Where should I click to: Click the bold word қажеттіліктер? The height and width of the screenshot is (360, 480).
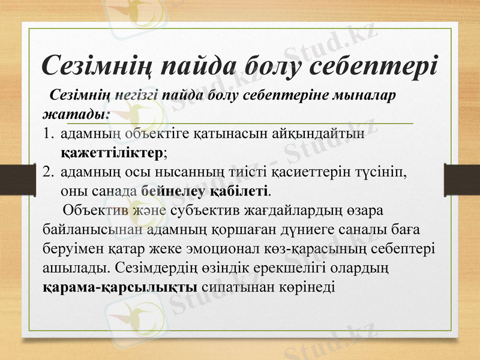[112, 152]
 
